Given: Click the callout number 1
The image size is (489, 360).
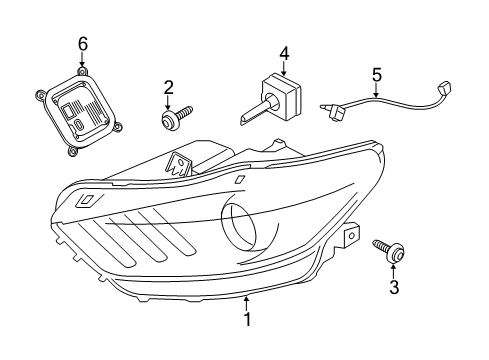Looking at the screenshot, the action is [247, 319].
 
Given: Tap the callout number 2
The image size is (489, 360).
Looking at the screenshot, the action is [168, 87].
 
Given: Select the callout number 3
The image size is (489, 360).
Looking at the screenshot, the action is [394, 287].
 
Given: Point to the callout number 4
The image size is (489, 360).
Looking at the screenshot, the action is [284, 54].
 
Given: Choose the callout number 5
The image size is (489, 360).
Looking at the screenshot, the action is [376, 75].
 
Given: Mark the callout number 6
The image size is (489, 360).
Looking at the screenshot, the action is [83, 44].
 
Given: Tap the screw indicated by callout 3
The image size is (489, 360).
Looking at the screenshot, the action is [389, 250].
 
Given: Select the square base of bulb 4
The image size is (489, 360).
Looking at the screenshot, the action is [282, 92].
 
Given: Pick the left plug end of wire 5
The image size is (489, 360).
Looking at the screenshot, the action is [332, 112].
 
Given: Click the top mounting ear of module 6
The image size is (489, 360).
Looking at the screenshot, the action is [81, 71].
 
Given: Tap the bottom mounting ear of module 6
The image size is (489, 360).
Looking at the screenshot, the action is [72, 151].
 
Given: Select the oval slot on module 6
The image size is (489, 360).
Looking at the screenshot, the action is [79, 125].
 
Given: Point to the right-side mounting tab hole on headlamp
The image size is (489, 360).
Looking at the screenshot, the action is [351, 236].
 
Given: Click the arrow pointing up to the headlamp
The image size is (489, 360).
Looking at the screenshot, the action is [246, 303].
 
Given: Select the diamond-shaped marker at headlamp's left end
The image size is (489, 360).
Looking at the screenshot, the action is [87, 200].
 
